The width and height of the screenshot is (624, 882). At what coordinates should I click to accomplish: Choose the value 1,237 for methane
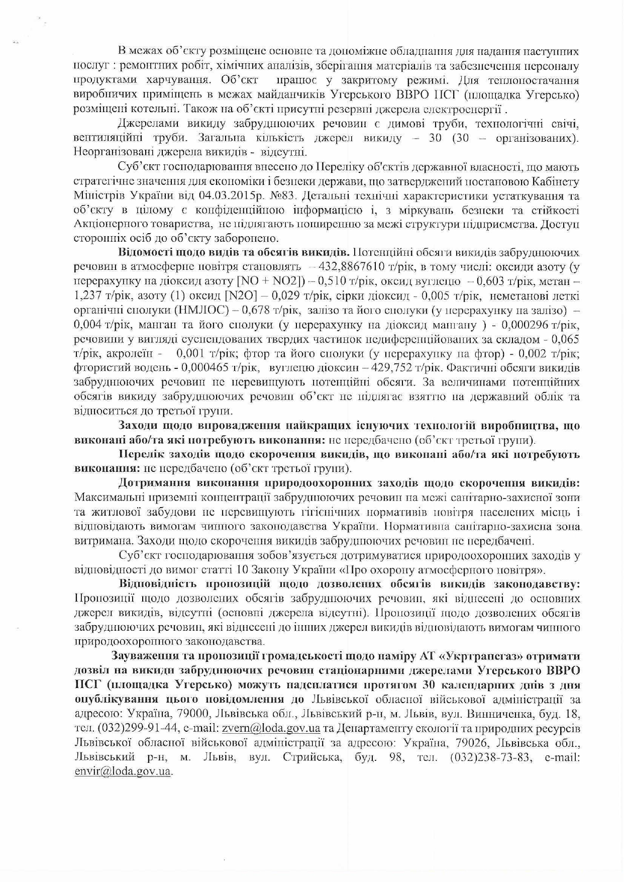[87, 295]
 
